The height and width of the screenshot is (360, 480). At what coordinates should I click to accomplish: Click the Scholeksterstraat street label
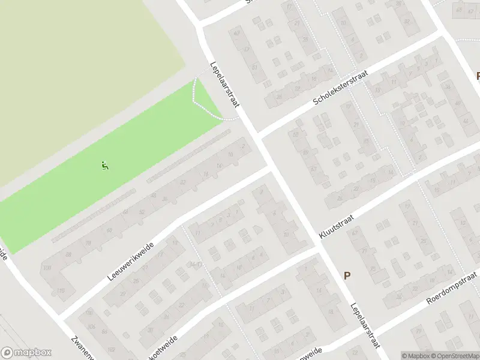coord(340,88)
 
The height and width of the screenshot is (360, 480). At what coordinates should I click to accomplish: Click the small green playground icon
coord(104,164)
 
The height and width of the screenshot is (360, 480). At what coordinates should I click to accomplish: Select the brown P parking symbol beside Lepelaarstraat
coord(347,275)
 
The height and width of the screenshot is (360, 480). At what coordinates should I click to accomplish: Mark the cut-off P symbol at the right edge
coord(477,76)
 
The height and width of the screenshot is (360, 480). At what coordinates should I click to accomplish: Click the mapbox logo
coord(26,353)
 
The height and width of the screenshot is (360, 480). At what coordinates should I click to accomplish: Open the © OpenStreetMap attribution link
coord(454,356)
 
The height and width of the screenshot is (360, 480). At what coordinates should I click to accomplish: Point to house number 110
coord(60,291)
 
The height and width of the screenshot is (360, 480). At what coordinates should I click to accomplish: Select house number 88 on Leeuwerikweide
coord(68,254)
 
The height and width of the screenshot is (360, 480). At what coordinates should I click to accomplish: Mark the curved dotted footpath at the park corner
coord(204,105)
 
